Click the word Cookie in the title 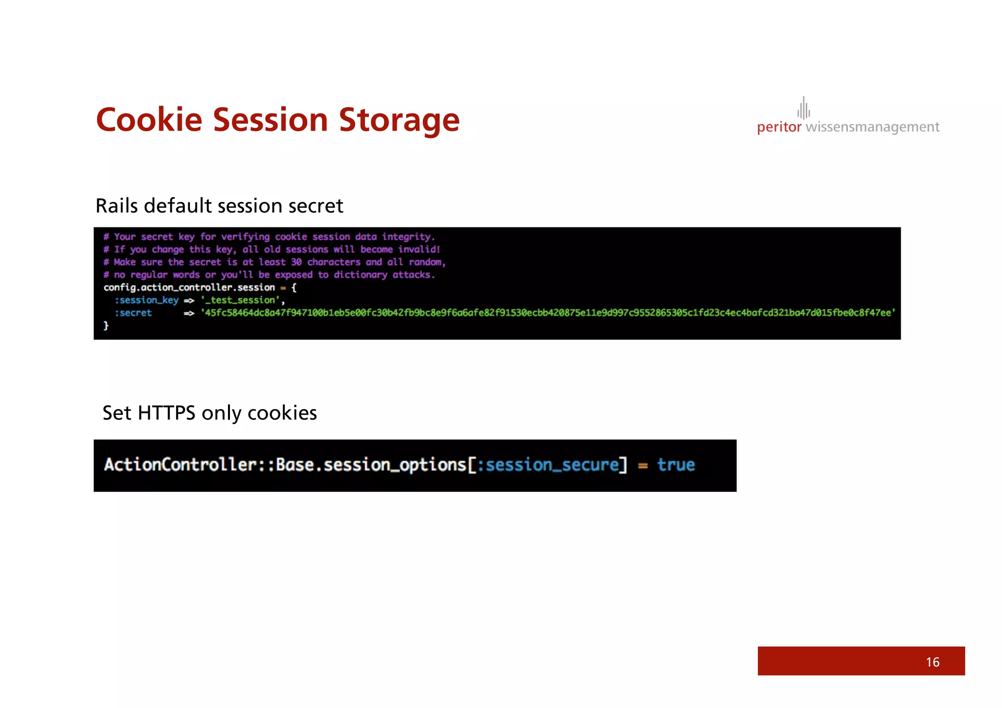(149, 120)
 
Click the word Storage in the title (399, 120)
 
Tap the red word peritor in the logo (779, 127)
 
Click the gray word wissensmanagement (872, 127)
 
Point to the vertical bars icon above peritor (803, 108)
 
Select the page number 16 (932, 662)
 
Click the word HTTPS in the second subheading (166, 413)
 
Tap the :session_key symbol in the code (146, 300)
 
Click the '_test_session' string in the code (240, 300)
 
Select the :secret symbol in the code (133, 313)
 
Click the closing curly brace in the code (106, 325)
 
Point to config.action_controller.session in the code (189, 287)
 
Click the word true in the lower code (676, 465)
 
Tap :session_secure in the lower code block (547, 465)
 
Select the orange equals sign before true (643, 466)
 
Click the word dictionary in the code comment (360, 274)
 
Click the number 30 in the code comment (296, 262)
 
